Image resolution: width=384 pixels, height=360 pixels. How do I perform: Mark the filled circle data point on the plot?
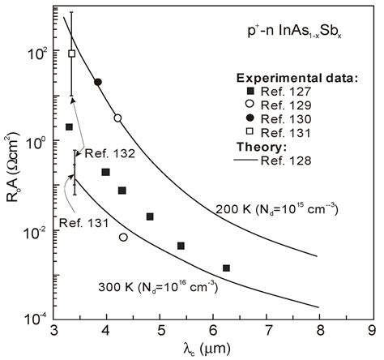[x=98, y=82]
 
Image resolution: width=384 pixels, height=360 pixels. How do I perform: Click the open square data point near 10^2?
[x=71, y=54]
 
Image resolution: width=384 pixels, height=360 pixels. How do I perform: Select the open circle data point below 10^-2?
[x=123, y=238]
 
